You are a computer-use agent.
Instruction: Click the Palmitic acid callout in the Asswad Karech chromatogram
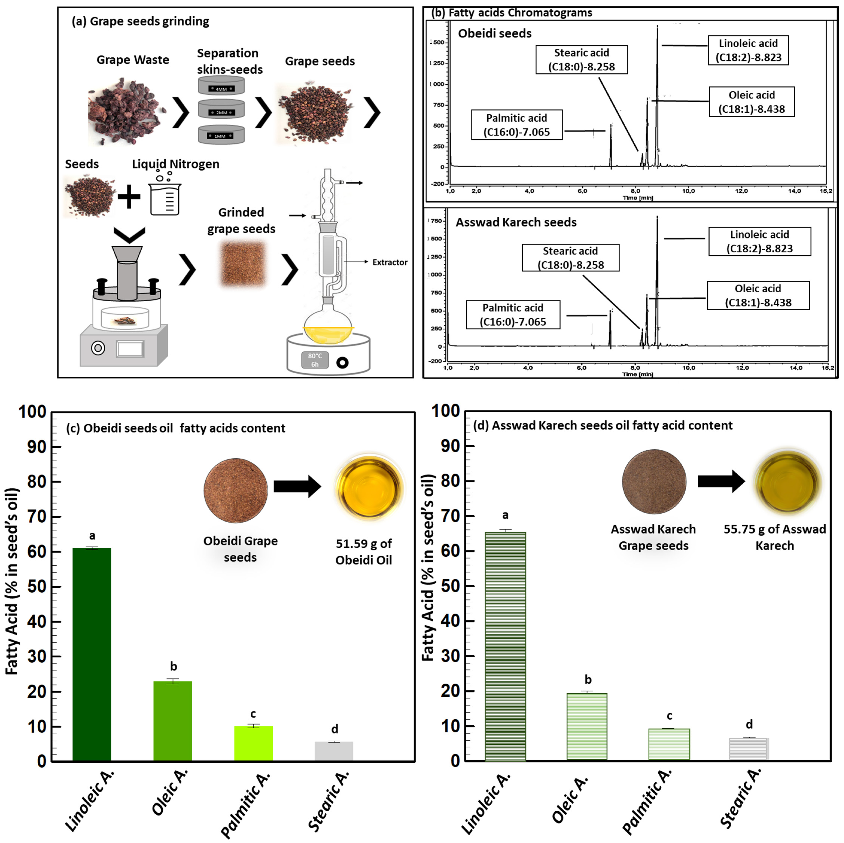513,314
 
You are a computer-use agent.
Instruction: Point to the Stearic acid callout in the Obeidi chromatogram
581,59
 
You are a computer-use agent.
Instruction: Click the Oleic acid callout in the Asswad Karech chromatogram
758,295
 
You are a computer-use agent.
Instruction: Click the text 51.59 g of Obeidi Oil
363,552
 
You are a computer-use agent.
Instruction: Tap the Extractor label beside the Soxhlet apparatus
390,262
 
